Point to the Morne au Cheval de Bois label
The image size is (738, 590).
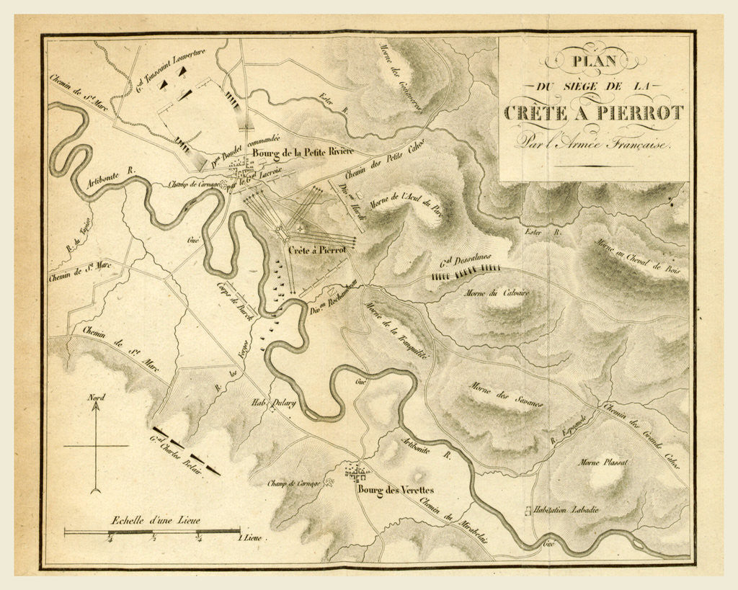click(x=639, y=258)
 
